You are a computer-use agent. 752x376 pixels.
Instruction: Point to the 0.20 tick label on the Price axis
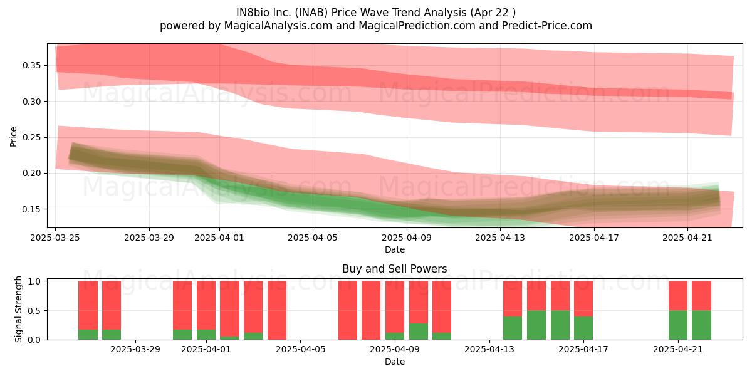(31, 173)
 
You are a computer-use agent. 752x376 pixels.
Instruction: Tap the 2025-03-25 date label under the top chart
(55, 238)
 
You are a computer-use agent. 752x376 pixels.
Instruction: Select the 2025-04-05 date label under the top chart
(313, 238)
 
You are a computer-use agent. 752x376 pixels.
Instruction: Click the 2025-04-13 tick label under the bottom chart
(489, 350)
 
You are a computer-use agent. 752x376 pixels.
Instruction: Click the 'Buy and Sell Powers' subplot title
(394, 269)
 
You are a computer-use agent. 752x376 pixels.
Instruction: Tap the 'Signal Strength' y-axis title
(18, 309)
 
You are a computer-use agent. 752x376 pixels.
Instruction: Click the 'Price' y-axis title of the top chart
(13, 137)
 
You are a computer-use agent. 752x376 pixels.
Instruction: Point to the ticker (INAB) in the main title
(311, 13)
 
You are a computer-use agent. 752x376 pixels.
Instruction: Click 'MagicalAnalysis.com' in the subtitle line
(278, 26)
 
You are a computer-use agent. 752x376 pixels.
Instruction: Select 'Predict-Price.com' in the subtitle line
(547, 26)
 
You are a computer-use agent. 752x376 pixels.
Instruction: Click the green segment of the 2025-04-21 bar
(678, 325)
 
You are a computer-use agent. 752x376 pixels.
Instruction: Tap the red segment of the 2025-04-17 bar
(583, 298)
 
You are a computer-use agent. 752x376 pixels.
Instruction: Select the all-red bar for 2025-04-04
(277, 310)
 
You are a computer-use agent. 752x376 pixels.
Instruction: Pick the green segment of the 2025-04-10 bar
(419, 332)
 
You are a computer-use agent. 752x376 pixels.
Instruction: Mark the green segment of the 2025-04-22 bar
(702, 325)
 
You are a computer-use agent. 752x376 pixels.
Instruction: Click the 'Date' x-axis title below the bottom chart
(394, 362)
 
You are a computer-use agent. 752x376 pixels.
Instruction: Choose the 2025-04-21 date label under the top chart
(687, 238)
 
